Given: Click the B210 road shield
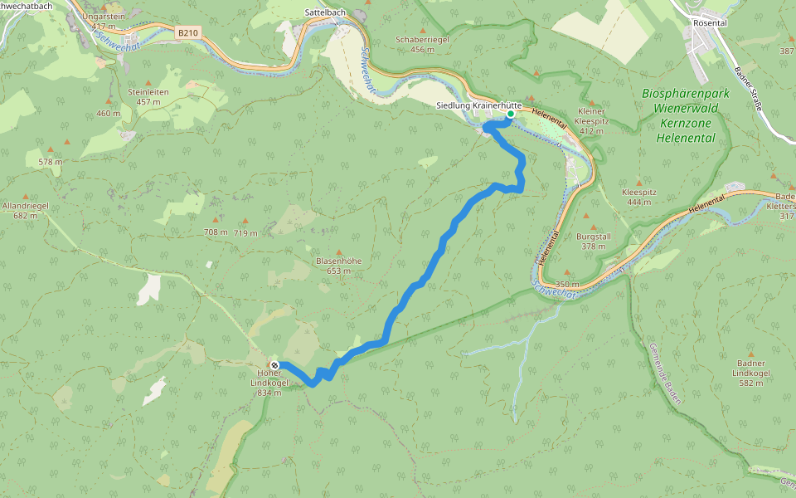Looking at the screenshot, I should click(188, 32).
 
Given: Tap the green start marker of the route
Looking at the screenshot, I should click(510, 125).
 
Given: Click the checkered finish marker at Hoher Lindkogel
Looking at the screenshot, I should click(274, 365).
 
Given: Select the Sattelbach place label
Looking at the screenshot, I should click(325, 13).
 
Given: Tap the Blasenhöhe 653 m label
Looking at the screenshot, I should click(338, 266).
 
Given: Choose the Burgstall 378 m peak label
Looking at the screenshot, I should click(593, 241).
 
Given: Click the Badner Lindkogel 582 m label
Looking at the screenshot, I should click(753, 368).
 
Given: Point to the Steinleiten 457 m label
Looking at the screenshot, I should click(148, 96).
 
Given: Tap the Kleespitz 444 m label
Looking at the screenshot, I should click(638, 197).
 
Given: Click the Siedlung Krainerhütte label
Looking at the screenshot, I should click(478, 105).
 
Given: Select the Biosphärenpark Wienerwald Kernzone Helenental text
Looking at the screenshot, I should click(685, 115).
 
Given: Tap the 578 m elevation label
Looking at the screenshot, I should click(50, 162).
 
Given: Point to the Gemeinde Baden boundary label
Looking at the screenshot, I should click(665, 373).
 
